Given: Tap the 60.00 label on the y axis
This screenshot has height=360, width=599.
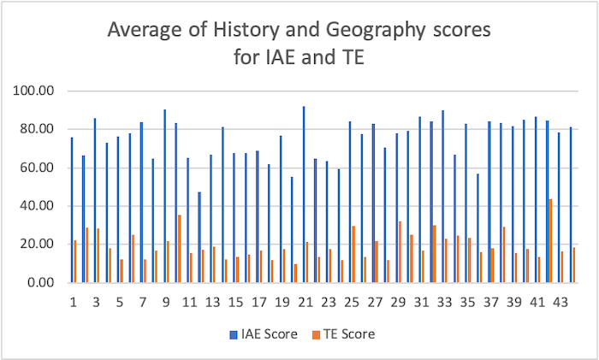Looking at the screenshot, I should pos(39,168).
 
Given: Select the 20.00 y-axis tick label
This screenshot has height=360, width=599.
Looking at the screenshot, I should pos(39,244).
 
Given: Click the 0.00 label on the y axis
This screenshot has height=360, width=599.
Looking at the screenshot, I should pos(42,282).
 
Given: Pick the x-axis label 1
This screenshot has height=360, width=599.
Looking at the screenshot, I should pos(74,302).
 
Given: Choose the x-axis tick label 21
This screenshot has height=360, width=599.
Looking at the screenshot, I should pos(305,302).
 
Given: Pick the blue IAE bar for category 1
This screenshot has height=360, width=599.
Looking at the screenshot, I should pos(71,210).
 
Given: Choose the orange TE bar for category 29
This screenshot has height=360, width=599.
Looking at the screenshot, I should pos(400,252).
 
